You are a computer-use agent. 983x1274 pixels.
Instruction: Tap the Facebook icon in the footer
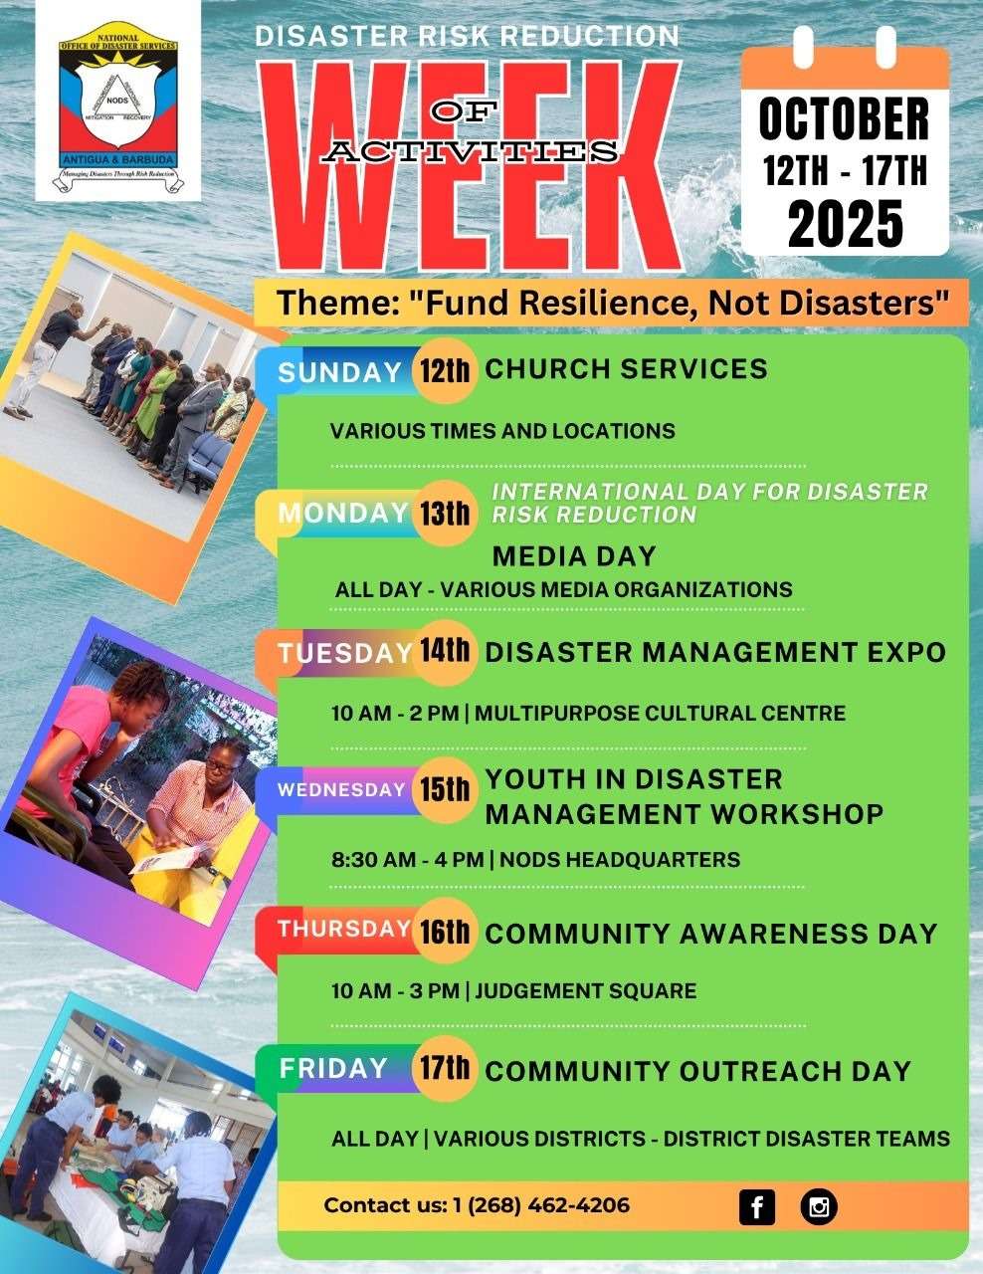[x=757, y=1207]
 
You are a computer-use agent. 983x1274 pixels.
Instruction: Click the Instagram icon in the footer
[x=819, y=1207]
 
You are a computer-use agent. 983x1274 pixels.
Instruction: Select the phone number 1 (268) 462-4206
[x=541, y=1205]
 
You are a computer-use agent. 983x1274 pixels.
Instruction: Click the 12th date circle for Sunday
[x=444, y=372]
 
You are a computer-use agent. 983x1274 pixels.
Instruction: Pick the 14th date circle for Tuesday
[x=444, y=652]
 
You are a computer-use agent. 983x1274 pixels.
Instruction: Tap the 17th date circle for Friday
[x=444, y=1070]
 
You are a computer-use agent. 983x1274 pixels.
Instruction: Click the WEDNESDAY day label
[x=341, y=790]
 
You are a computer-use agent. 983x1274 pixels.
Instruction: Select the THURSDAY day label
[x=343, y=929]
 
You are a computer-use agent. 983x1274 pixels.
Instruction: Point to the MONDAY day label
[x=342, y=513]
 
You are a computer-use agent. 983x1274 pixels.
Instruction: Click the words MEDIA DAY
[x=574, y=555]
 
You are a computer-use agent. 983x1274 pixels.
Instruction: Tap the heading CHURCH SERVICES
[x=626, y=369]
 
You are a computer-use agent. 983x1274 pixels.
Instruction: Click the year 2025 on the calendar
[x=845, y=223]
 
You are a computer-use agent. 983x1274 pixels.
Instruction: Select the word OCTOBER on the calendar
[x=844, y=119]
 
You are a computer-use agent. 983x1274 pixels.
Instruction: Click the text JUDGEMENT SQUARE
[x=585, y=991]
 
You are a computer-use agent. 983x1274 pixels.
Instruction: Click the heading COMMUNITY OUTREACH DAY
[x=697, y=1071]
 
